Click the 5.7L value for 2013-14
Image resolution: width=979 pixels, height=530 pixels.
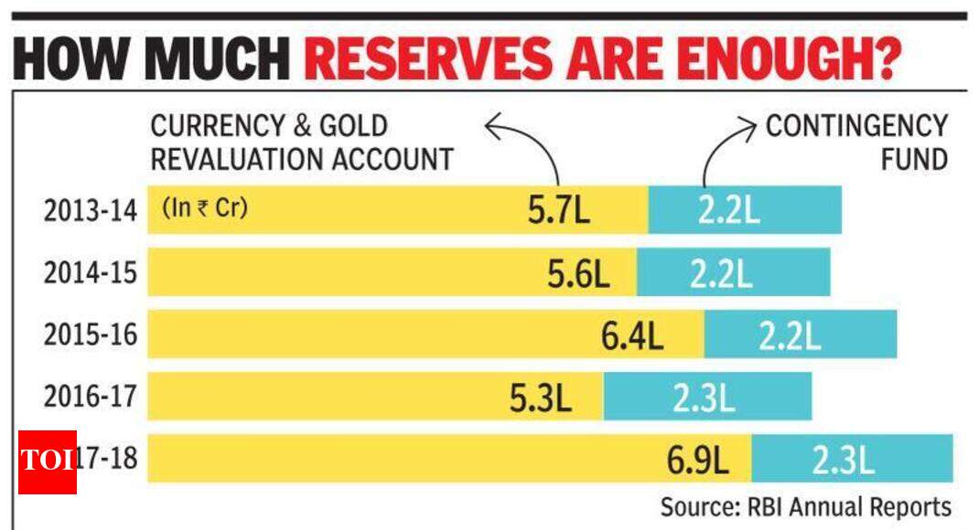[x=558, y=211]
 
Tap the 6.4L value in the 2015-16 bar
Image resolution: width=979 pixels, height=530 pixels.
[x=631, y=335]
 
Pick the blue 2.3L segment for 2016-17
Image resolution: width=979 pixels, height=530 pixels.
[x=707, y=397]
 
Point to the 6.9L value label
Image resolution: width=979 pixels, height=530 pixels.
[x=697, y=460]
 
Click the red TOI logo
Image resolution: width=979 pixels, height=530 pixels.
[x=47, y=461]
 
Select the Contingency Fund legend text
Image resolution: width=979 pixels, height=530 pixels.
[x=856, y=143]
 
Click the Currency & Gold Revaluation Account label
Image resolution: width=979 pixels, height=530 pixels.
[x=302, y=143]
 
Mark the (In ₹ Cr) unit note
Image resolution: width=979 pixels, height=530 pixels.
[x=205, y=207]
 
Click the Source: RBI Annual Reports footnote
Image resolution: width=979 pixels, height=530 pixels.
[x=806, y=506]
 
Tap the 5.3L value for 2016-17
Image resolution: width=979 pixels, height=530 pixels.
[x=541, y=397]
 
